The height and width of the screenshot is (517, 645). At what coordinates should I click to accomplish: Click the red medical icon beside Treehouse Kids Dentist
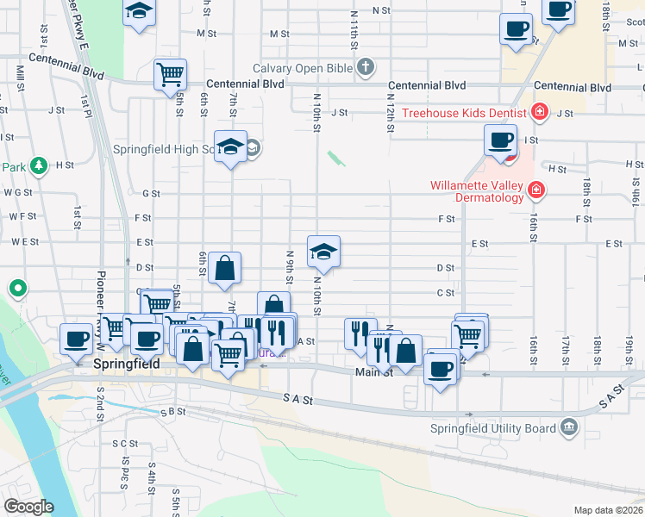tap(540, 111)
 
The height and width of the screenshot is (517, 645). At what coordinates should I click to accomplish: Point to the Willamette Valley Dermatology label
tap(478, 191)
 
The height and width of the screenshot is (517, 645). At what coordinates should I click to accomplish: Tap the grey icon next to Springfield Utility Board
tap(568, 427)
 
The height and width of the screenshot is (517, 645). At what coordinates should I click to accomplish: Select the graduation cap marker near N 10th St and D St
tap(323, 251)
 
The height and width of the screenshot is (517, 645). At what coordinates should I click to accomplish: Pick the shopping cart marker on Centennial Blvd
tap(170, 74)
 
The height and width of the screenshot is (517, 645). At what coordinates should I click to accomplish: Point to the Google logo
tap(28, 507)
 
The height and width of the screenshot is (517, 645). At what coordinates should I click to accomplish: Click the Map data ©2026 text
tap(608, 510)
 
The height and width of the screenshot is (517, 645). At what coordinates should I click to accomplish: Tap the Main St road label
tap(374, 372)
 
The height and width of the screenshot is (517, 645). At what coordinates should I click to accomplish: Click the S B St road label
tap(173, 412)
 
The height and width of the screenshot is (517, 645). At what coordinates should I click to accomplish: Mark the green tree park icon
tap(38, 165)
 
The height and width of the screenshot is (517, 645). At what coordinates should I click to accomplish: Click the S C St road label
tap(125, 443)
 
